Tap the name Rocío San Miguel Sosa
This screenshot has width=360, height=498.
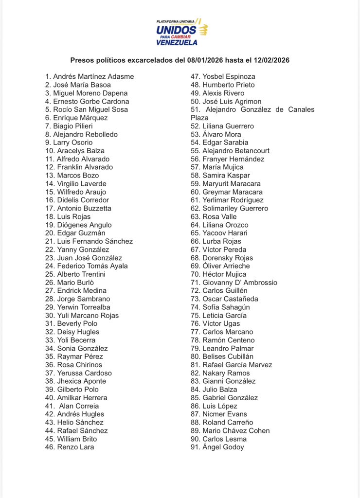click(x=90, y=109)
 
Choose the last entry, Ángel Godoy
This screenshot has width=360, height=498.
click(x=223, y=447)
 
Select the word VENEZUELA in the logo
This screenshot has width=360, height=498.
click(x=177, y=42)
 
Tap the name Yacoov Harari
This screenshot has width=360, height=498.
click(x=225, y=233)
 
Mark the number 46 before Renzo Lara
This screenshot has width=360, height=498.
click(x=49, y=447)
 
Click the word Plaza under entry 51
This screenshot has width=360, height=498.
click(x=199, y=118)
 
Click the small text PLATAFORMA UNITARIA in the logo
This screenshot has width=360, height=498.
click(x=176, y=22)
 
